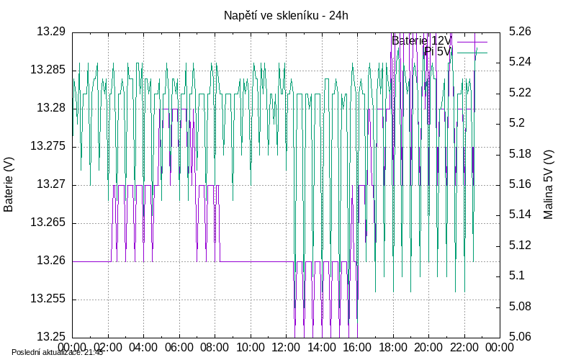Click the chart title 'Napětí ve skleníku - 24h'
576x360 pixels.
click(x=286, y=15)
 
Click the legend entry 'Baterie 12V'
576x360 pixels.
click(x=421, y=40)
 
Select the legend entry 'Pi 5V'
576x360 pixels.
click(x=438, y=52)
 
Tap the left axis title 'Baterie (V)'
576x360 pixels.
click(x=9, y=184)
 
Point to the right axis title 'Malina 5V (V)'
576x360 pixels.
click(x=549, y=184)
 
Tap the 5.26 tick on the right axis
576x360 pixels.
click(x=520, y=32)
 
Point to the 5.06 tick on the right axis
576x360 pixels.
click(x=520, y=336)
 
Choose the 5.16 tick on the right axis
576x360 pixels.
click(x=520, y=184)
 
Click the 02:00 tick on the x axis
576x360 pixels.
click(x=108, y=347)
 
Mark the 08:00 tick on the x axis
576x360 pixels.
click(x=215, y=347)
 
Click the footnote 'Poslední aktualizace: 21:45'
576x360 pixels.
click(x=57, y=352)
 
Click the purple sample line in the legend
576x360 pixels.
click(x=472, y=41)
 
